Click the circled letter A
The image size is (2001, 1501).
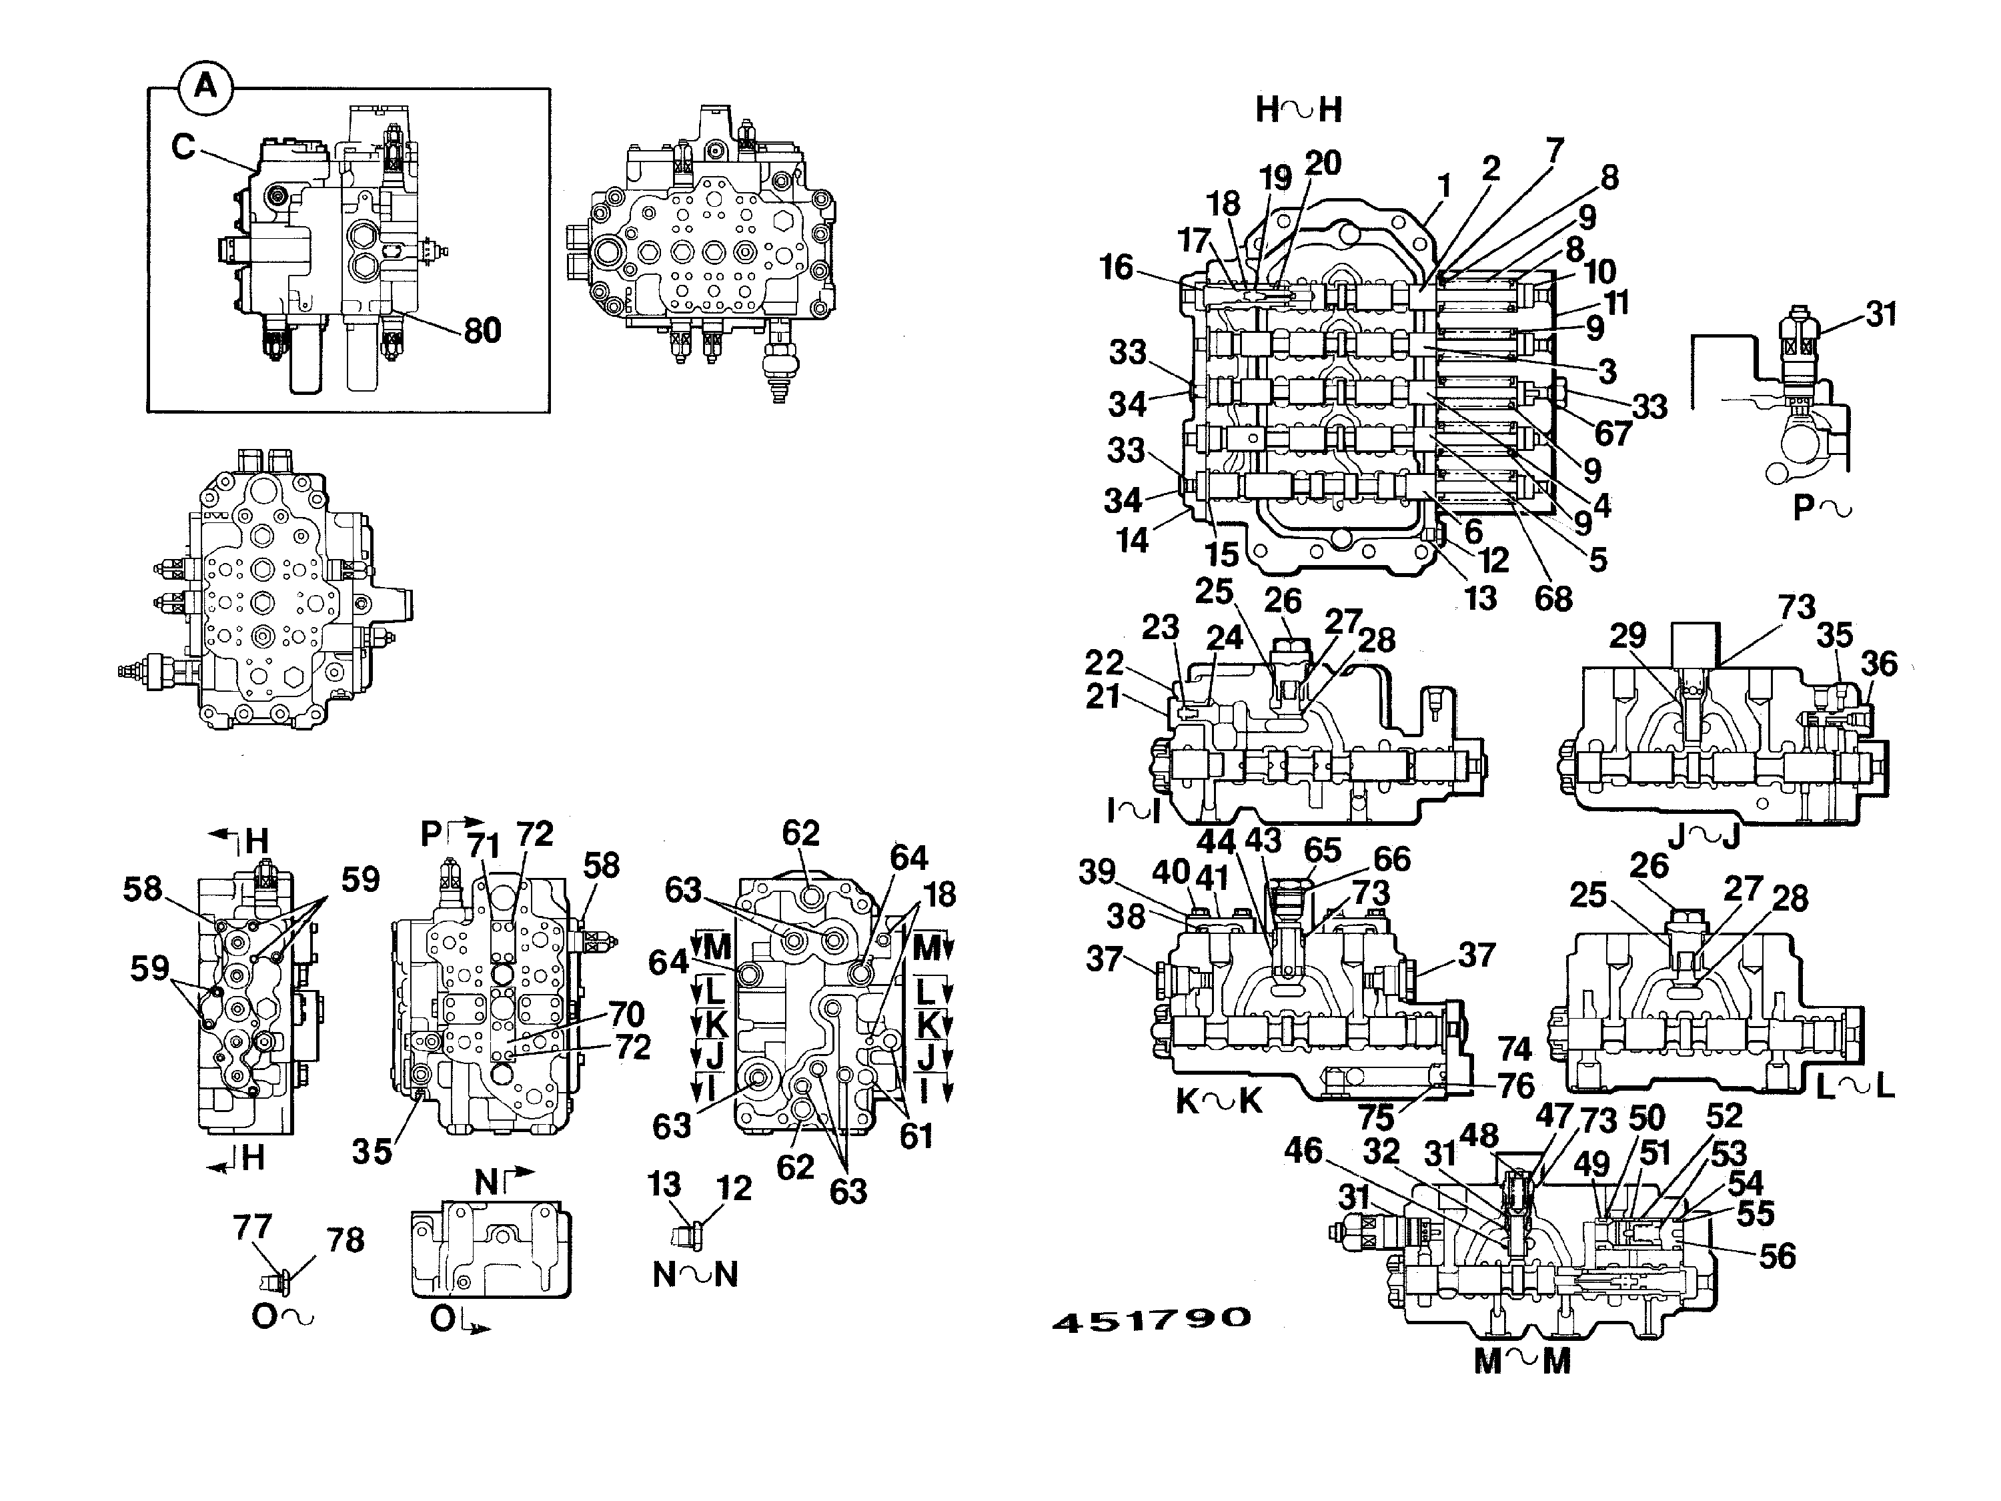coord(206,88)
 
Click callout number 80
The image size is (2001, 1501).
coord(483,330)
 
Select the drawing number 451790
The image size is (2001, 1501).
coord(1151,1320)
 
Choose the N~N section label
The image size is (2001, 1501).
coord(696,1274)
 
